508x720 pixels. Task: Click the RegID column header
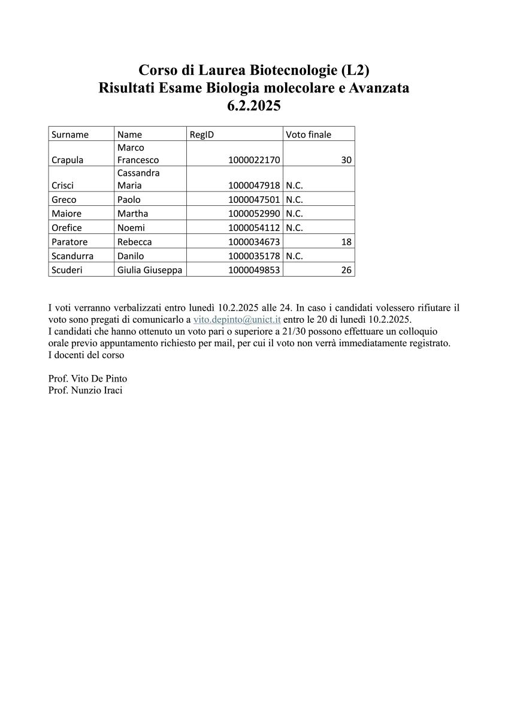click(202, 134)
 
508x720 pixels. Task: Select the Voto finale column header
click(309, 134)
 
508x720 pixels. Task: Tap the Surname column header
click(70, 134)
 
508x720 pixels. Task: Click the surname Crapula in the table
click(68, 160)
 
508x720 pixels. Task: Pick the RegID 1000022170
click(255, 160)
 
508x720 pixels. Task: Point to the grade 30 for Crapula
click(346, 160)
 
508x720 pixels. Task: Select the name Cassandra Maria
click(138, 179)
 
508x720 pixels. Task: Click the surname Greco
click(64, 200)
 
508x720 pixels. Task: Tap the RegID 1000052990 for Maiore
click(255, 214)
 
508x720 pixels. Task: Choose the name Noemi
click(131, 228)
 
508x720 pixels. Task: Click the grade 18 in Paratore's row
click(346, 242)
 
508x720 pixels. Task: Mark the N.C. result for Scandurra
click(294, 256)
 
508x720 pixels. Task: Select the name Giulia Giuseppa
click(150, 270)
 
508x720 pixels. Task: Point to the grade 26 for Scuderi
click(346, 270)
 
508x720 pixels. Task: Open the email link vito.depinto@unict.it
click(237, 319)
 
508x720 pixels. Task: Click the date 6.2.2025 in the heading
click(254, 106)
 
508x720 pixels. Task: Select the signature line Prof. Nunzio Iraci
click(85, 391)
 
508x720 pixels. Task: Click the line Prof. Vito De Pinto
click(87, 379)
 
